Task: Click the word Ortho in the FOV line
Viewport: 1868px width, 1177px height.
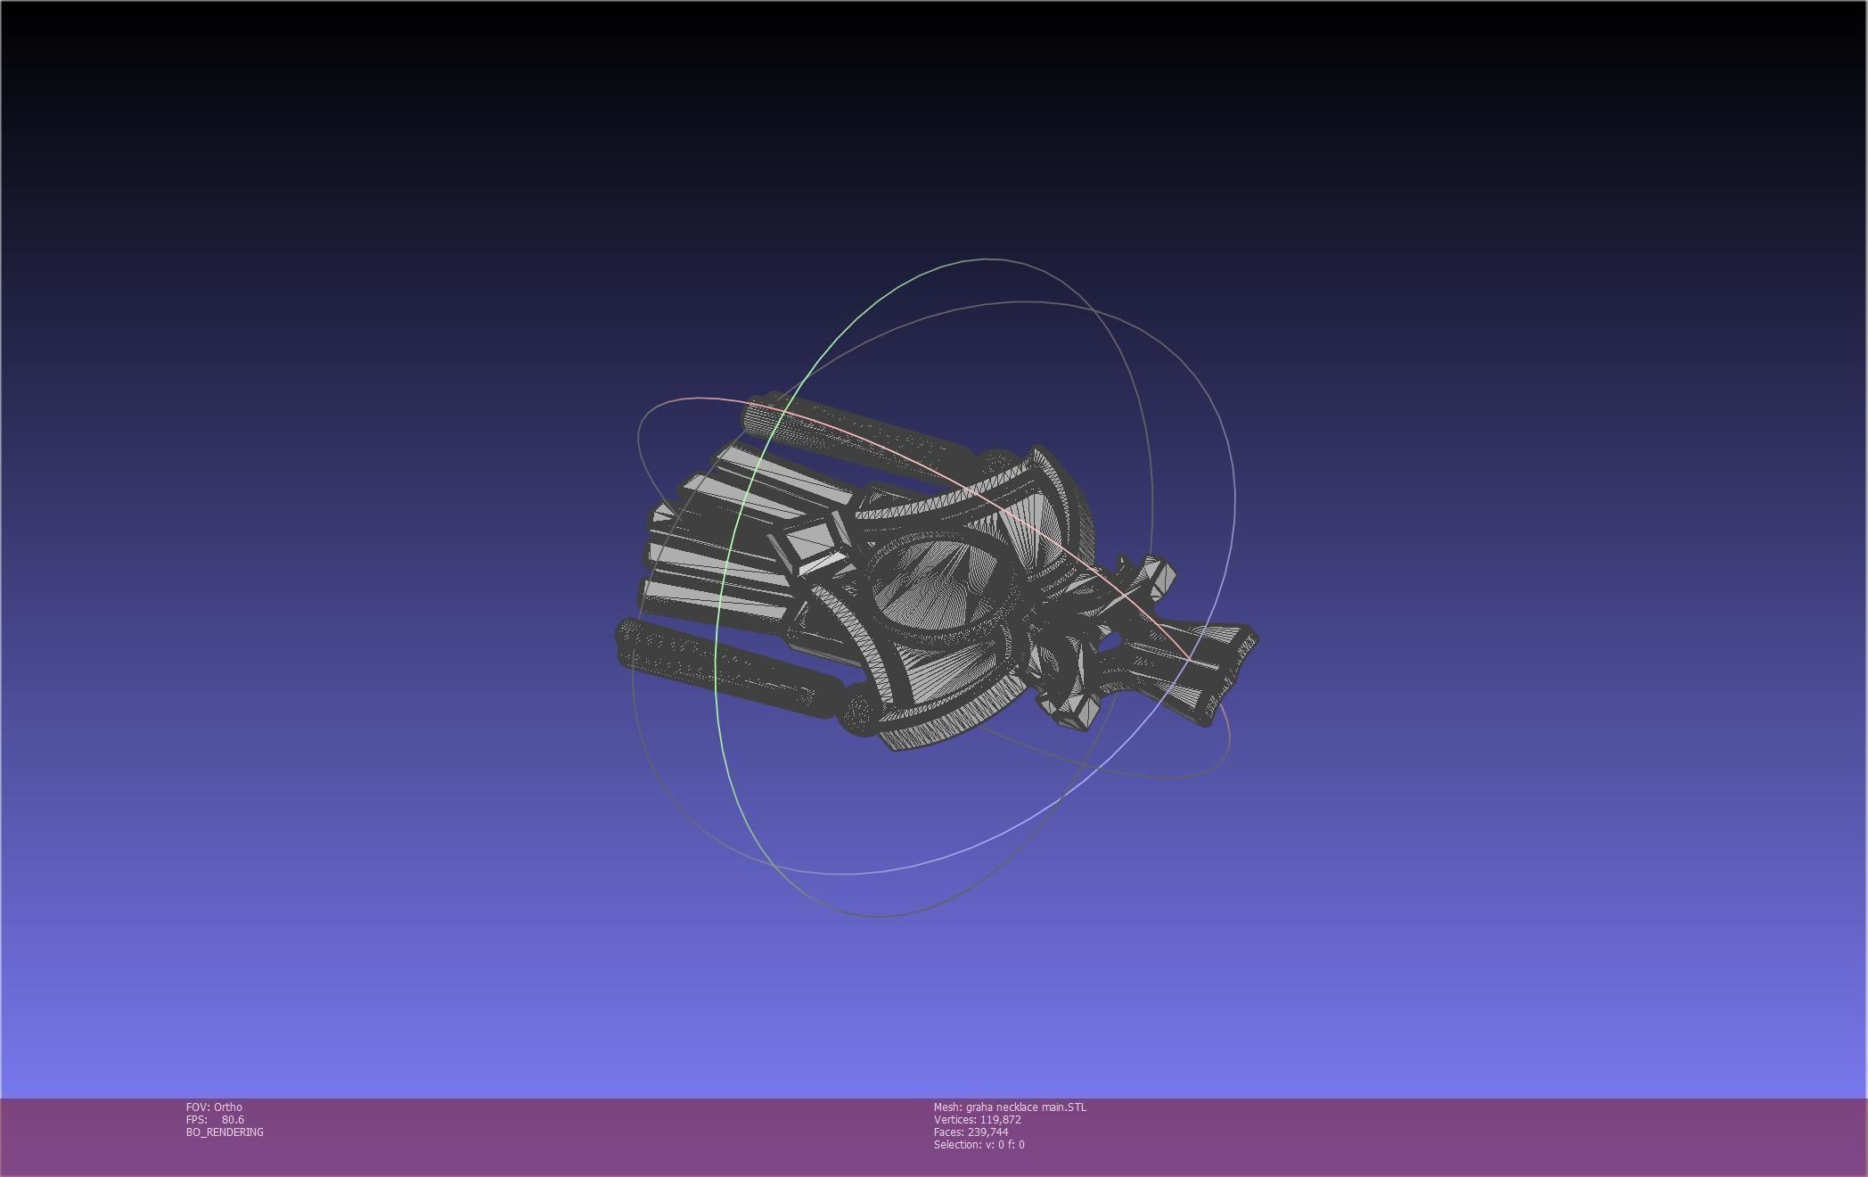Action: [x=227, y=1107]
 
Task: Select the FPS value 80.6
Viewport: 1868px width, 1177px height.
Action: [x=233, y=1120]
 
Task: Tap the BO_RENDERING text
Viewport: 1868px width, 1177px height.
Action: [x=225, y=1132]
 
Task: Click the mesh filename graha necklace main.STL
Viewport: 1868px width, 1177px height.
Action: [x=1026, y=1107]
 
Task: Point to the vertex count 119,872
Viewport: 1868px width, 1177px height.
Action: [x=1000, y=1120]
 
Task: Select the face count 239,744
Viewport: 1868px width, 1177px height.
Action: [x=987, y=1132]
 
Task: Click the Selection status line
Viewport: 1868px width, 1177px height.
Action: [x=979, y=1145]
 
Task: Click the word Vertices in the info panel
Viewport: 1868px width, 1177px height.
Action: [x=954, y=1120]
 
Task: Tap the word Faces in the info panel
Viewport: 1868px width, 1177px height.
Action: [x=948, y=1132]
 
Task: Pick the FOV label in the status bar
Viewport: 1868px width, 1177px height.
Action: [x=197, y=1107]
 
